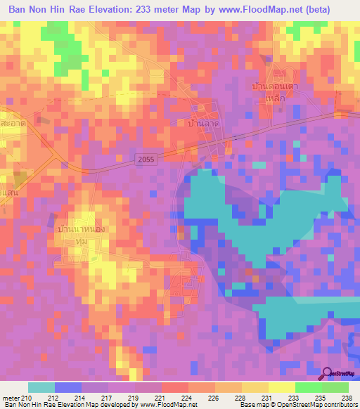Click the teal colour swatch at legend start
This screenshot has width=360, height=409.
point(41,387)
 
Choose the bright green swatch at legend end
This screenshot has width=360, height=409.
point(335,387)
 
